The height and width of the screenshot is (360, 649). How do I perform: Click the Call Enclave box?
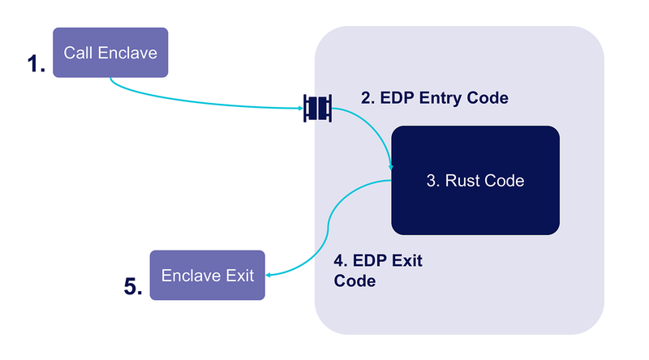tap(110, 53)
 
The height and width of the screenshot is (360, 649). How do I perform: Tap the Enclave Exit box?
tap(208, 275)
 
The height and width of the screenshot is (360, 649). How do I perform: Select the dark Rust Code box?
tap(475, 181)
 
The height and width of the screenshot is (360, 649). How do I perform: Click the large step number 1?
tap(36, 64)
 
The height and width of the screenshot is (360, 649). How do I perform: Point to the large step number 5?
tap(133, 286)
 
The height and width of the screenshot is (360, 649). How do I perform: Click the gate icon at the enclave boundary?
tap(317, 109)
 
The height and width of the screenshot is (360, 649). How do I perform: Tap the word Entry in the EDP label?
tap(441, 98)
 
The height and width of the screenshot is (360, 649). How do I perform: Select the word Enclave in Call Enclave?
tap(127, 53)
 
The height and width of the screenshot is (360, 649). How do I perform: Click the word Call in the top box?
tap(78, 53)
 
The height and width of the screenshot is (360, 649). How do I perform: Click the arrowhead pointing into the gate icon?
tap(301, 109)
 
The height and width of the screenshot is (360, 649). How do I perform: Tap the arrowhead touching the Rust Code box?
tap(390, 167)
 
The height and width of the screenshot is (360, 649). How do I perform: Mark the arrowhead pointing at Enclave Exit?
tap(269, 275)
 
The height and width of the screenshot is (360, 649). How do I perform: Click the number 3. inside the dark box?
tap(433, 181)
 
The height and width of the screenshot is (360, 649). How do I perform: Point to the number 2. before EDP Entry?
tap(367, 98)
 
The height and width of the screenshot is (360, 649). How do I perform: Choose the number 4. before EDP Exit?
tap(340, 261)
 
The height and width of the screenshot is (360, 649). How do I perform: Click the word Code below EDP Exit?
tap(355, 281)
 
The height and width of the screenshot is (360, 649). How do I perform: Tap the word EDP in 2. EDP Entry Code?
tap(398, 98)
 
